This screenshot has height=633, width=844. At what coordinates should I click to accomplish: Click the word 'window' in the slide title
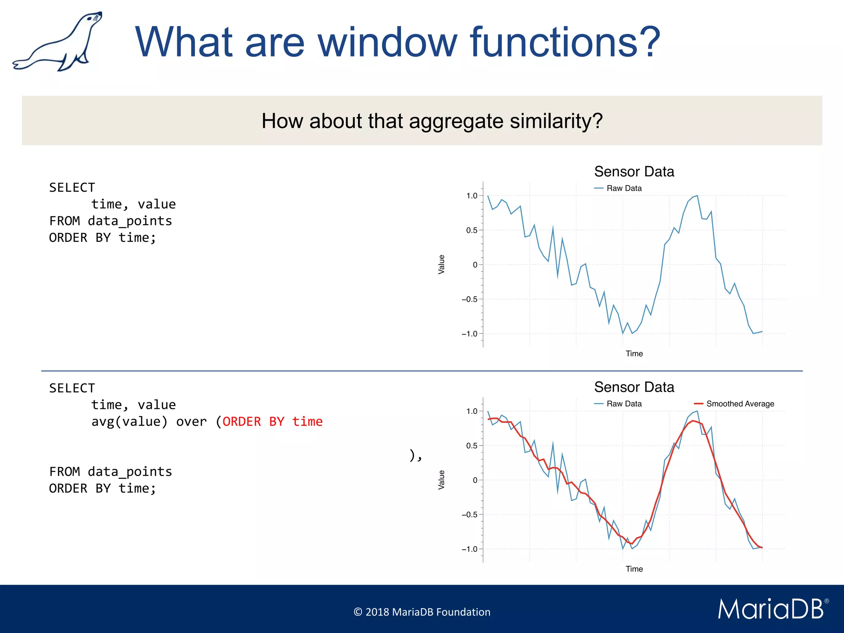387,42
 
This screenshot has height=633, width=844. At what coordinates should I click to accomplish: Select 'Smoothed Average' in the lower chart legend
740,404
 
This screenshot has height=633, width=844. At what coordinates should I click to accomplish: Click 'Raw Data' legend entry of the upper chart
624,188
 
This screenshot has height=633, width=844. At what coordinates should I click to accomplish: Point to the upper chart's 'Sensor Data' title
634,171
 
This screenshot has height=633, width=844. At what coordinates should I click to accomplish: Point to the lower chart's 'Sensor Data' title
634,387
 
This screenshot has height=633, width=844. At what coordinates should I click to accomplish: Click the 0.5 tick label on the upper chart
472,230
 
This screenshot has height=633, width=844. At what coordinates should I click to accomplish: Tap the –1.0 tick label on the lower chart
469,549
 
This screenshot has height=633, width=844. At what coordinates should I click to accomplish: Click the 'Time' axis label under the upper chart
634,354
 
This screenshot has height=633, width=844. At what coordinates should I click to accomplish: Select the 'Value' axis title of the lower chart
441,480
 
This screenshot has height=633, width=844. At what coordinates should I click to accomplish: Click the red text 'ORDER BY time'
272,422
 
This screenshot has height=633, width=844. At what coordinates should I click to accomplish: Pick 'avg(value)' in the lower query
129,422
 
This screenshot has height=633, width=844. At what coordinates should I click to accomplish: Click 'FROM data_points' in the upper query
110,221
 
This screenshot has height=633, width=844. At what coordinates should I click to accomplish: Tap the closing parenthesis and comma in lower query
415,455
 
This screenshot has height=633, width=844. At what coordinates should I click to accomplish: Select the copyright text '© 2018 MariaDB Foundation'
422,612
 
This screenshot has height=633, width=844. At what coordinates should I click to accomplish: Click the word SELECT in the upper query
72,188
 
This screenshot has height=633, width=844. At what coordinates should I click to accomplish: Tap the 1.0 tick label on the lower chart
472,411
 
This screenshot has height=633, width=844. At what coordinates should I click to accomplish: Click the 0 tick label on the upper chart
475,265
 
